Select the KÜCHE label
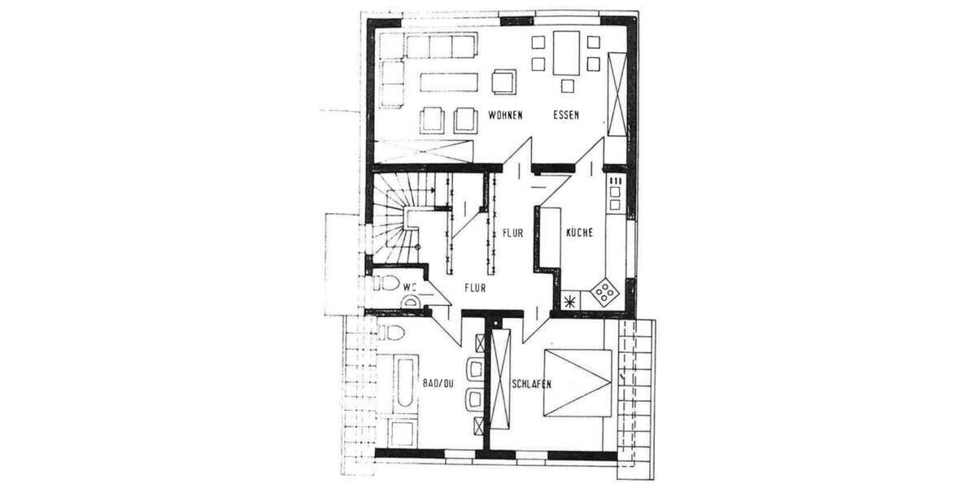579,233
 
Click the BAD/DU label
437,381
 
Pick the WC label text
409,285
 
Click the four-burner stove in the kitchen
605,290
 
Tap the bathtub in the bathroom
404,381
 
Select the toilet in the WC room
386,284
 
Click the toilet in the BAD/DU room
392,333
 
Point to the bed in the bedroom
578,382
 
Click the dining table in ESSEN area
567,52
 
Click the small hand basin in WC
412,302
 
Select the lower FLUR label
476,286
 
